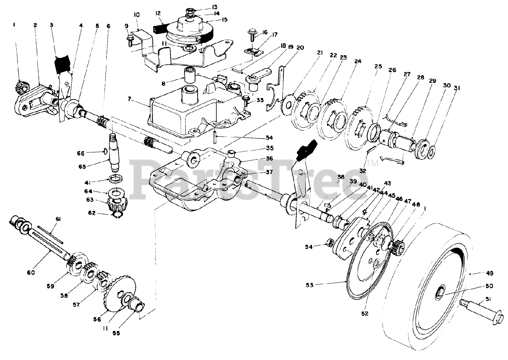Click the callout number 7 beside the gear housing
[x=129, y=99]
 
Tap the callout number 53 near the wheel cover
[x=309, y=285]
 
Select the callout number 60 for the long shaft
[x=31, y=272]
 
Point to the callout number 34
[x=269, y=138]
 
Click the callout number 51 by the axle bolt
[x=488, y=299]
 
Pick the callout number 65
[x=82, y=167]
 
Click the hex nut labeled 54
[x=329, y=244]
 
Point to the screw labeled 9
[x=130, y=40]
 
